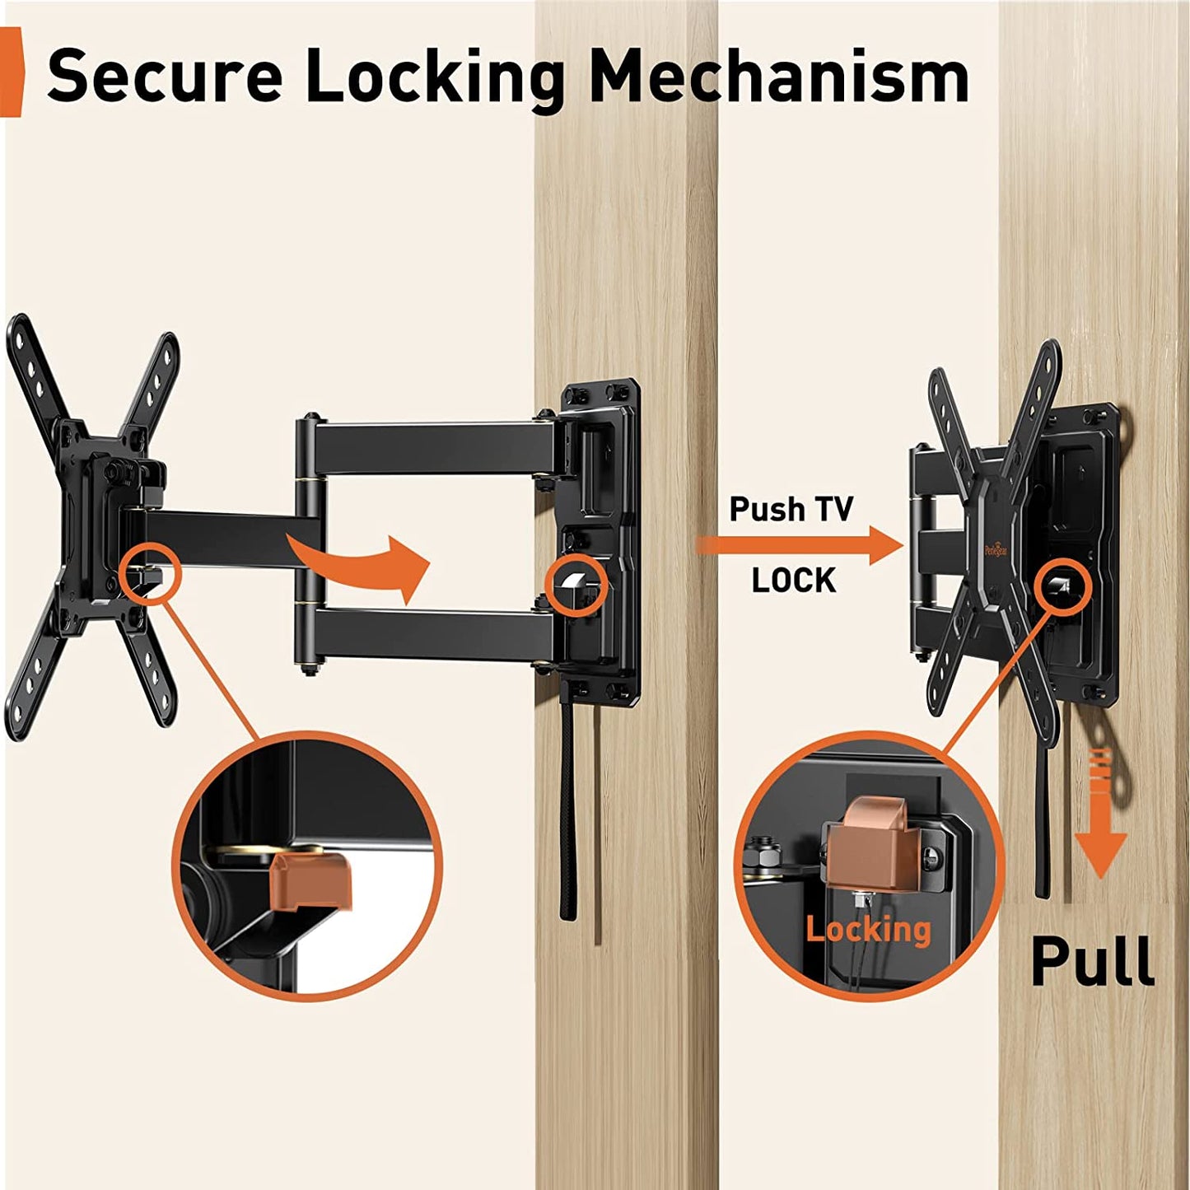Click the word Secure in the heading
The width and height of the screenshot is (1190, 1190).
point(165,76)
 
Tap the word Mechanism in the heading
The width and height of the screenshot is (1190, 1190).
point(778,76)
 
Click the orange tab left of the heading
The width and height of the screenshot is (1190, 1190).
point(11,72)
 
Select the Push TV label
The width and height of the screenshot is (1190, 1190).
point(791,509)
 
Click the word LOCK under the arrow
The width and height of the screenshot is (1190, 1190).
point(793,581)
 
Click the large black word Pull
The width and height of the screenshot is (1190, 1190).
point(1092,960)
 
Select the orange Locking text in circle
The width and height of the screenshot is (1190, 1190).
point(868,929)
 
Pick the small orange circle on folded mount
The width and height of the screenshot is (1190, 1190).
point(1060,586)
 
